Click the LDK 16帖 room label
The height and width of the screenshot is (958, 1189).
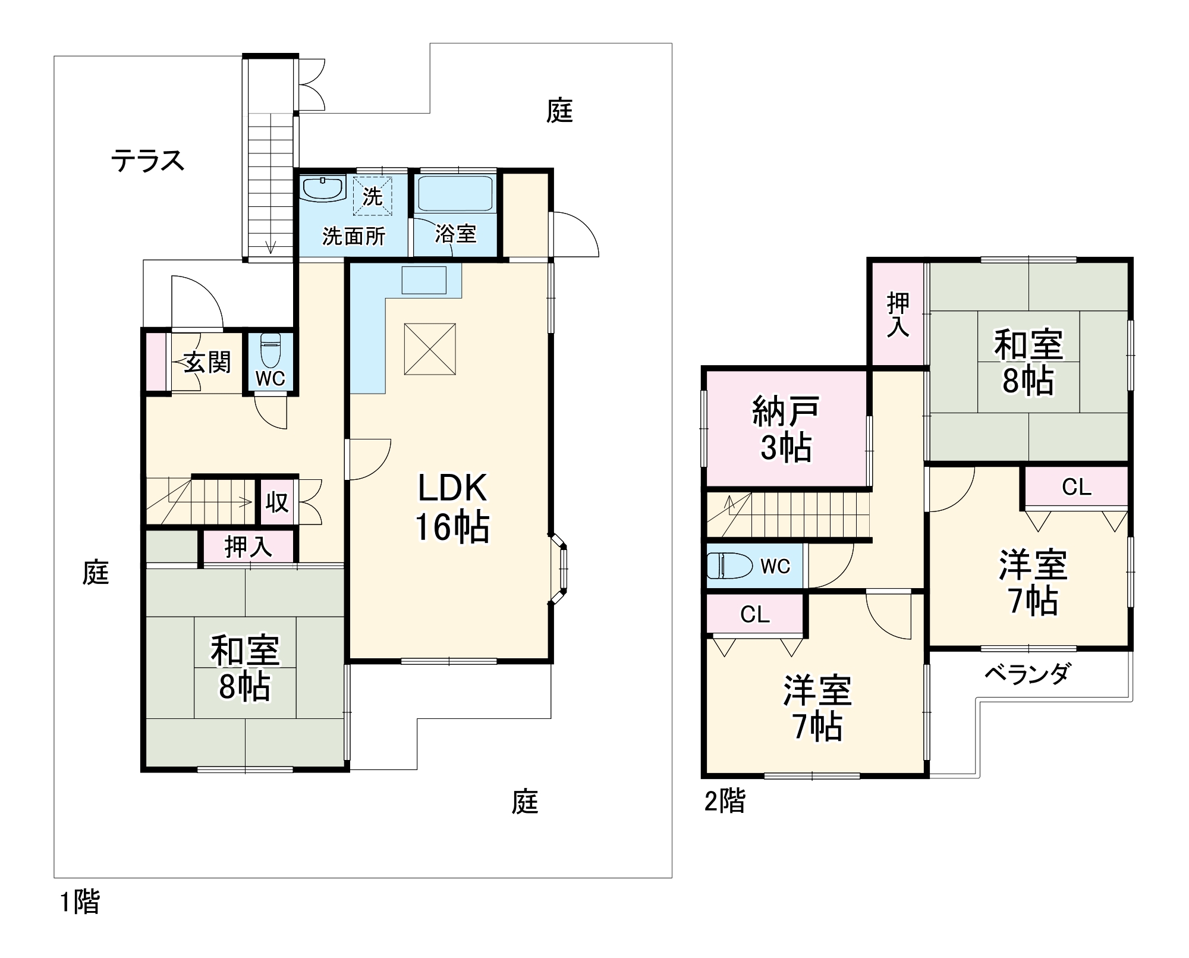[x=452, y=507]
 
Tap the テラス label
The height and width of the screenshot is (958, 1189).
[x=148, y=161]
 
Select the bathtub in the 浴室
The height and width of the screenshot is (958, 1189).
[x=455, y=193]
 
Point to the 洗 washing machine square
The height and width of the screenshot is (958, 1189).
[x=373, y=196]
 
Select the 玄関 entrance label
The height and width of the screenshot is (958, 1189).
[x=206, y=362]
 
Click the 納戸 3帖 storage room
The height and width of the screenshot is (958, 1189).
[x=786, y=428]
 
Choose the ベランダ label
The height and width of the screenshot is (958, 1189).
[x=1027, y=674]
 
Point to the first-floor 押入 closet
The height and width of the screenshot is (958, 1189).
[x=248, y=547]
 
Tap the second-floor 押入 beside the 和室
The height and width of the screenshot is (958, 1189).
[x=898, y=315]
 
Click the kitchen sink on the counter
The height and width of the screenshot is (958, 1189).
[x=424, y=280]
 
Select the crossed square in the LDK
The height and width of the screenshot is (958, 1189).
[x=430, y=349]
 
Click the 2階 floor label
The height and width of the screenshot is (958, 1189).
[x=724, y=801]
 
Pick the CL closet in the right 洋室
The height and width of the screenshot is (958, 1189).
[x=1077, y=487]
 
